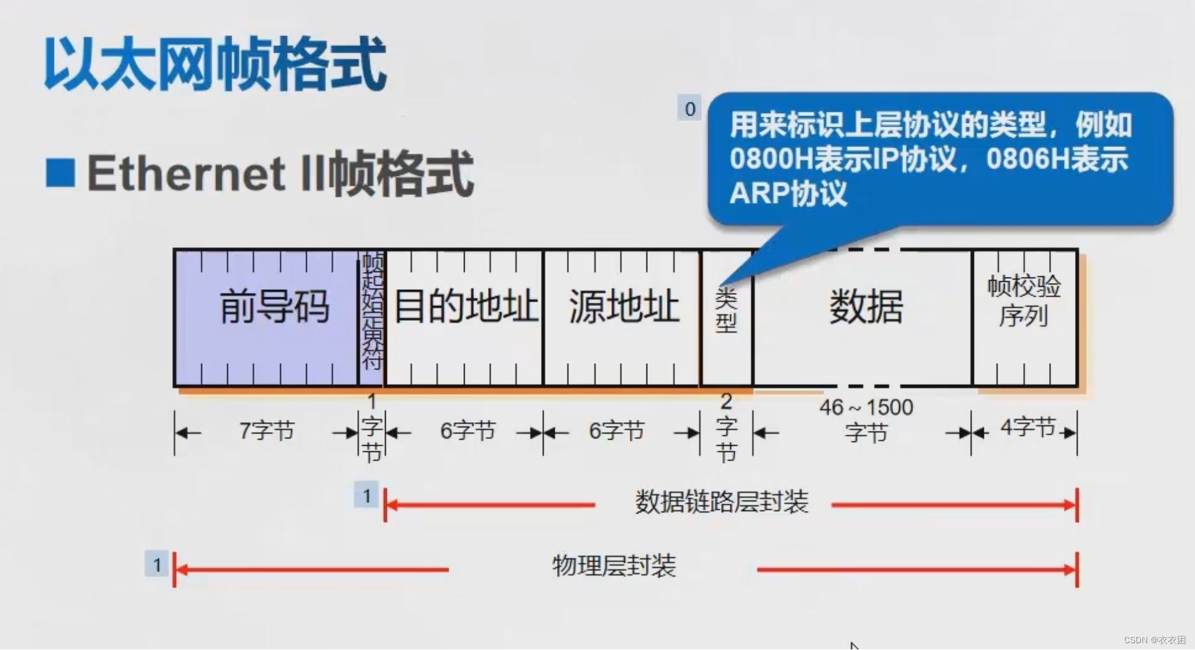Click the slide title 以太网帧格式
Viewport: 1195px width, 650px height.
pyautogui.click(x=215, y=65)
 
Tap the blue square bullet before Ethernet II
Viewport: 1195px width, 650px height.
pyautogui.click(x=60, y=173)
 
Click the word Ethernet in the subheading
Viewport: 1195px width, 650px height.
pyautogui.click(x=186, y=173)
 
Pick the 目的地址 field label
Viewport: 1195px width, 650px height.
pyautogui.click(x=465, y=306)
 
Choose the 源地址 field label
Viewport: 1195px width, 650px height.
pyautogui.click(x=624, y=306)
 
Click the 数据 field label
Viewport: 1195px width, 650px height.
pyautogui.click(x=866, y=307)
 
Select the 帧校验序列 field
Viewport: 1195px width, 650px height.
pyautogui.click(x=1024, y=301)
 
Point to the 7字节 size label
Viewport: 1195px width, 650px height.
pyautogui.click(x=266, y=430)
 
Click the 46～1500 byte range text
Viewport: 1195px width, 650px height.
pyautogui.click(x=866, y=408)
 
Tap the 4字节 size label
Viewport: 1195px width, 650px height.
pyautogui.click(x=1028, y=427)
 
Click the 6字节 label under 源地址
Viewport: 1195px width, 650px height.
pyautogui.click(x=616, y=430)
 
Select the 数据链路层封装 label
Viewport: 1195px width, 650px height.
pyautogui.click(x=721, y=502)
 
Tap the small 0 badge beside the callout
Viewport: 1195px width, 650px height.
pyautogui.click(x=689, y=109)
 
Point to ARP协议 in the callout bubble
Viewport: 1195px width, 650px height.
pyautogui.click(x=788, y=193)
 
